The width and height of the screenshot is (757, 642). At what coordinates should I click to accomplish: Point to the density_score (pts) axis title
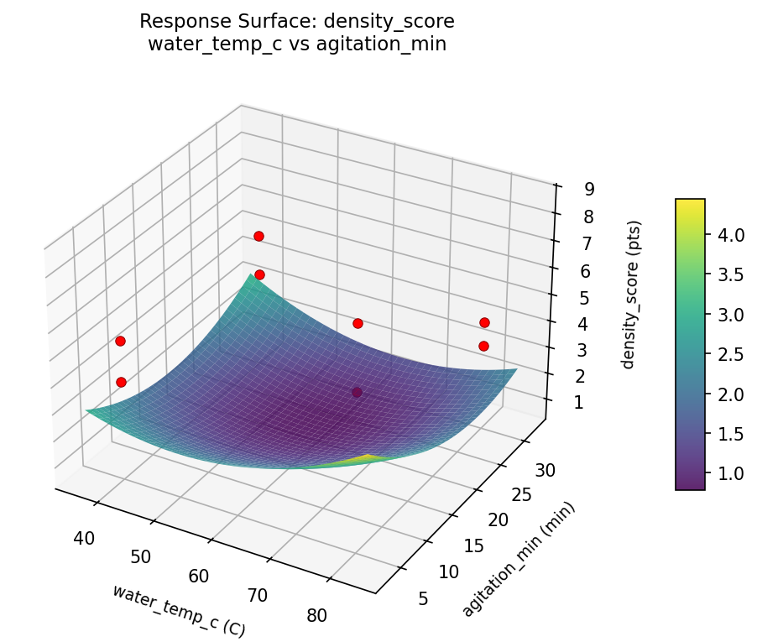tap(635, 295)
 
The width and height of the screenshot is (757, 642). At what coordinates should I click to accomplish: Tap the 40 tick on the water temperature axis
tap(83, 538)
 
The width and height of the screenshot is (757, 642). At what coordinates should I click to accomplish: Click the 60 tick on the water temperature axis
tap(199, 576)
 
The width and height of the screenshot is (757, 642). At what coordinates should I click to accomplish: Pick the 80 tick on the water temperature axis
tap(316, 615)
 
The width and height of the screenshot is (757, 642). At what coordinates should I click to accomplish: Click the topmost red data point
tap(258, 236)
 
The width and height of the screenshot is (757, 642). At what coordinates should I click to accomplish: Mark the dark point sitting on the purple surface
tap(357, 392)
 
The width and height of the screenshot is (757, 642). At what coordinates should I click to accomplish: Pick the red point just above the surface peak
tap(259, 274)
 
